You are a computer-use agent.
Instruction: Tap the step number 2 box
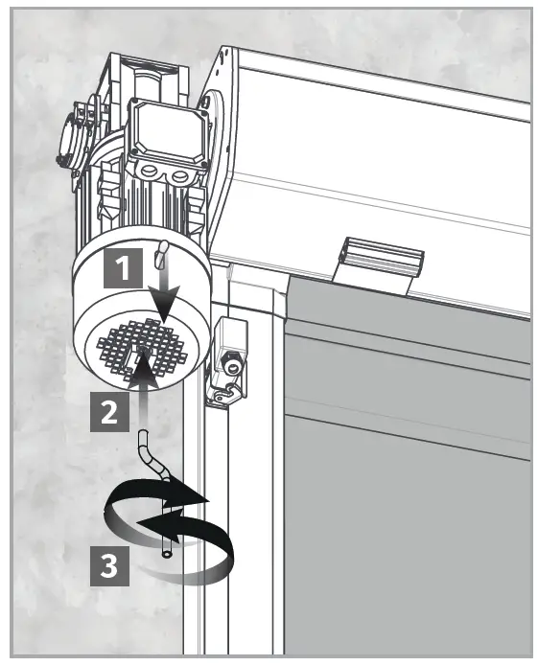coord(110,413)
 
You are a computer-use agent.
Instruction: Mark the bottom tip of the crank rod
coord(168,554)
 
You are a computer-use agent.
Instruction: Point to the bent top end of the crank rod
coord(145,442)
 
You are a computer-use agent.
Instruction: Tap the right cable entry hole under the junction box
coord(180,179)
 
